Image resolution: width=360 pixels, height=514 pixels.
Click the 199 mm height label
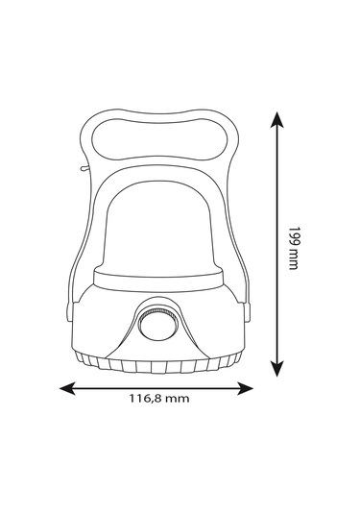click(294, 248)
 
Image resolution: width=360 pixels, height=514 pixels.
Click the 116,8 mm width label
click(158, 399)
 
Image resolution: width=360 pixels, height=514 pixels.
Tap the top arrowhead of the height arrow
click(277, 120)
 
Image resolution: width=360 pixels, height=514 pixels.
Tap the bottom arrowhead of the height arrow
click(277, 369)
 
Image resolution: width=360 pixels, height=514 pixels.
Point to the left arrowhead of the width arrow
click(67, 388)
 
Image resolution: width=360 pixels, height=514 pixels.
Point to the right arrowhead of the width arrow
click(245, 388)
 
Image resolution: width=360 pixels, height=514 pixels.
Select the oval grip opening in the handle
click(158, 139)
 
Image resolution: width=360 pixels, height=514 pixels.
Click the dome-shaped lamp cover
click(158, 226)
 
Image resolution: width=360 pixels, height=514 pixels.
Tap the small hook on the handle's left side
click(84, 168)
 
